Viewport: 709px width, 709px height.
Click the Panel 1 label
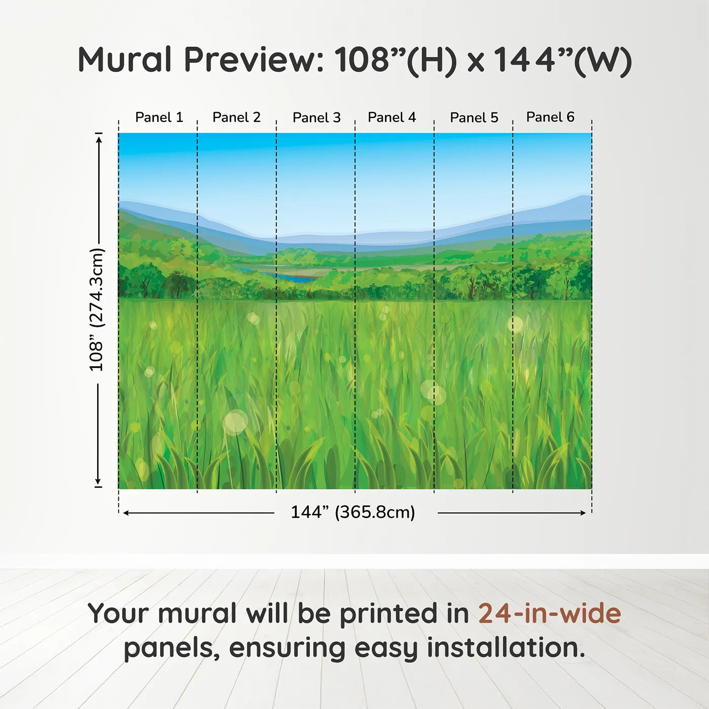159,117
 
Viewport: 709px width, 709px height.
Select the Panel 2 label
237,117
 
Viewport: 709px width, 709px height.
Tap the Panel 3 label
317,117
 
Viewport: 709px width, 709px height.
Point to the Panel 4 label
392,117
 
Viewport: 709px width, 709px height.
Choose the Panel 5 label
474,117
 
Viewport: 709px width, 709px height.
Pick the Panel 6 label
550,117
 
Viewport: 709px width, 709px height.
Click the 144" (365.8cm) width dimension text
353,512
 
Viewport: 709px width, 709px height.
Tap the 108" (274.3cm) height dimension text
97,309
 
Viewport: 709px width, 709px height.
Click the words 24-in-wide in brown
549,613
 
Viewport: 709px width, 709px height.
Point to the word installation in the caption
505,648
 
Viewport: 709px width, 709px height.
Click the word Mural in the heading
125,60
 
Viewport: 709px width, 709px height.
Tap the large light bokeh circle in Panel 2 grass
235,423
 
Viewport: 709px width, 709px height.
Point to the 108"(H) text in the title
395,60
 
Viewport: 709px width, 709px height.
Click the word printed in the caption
388,614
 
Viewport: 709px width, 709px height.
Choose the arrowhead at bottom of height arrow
98,482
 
